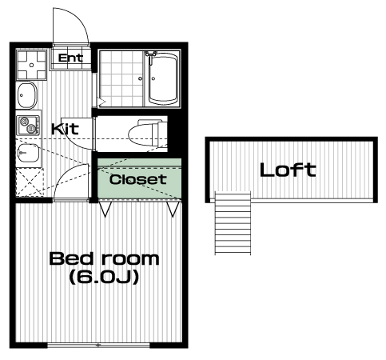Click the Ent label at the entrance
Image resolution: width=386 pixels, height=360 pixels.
(70, 58)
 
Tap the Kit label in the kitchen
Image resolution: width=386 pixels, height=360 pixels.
(65, 129)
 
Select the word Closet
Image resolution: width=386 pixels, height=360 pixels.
(138, 179)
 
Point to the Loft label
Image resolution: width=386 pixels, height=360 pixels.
(288, 170)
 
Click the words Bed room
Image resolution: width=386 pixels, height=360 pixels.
(104, 258)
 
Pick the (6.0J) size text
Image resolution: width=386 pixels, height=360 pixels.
(104, 278)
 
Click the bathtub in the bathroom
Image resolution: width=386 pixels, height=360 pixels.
(163, 79)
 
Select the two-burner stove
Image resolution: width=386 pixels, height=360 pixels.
(29, 126)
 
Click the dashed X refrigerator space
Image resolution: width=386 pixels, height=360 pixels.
(29, 182)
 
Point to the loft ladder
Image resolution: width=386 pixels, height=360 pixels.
(233, 223)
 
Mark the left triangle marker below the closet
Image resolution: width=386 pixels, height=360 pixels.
(105, 209)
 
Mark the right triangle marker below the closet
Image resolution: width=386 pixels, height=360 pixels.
(173, 209)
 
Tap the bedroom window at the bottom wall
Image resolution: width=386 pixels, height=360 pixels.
(98, 346)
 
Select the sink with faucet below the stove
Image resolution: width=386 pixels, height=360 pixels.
(29, 153)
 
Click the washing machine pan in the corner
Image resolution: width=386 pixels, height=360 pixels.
(32, 65)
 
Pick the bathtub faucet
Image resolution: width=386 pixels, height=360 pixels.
(151, 55)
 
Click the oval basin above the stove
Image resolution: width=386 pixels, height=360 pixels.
(26, 95)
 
